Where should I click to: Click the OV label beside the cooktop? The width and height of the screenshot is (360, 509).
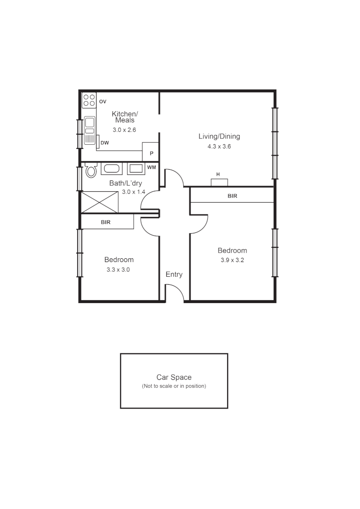coord(103,101)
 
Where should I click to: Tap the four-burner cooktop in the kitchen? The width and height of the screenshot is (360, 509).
coord(89,101)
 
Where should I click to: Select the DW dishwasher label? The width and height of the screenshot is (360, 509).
coord(105,142)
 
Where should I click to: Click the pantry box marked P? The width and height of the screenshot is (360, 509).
coord(151,153)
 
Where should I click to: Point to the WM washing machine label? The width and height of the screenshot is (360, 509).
coord(151,167)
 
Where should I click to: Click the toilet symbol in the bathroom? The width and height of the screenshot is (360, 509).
coord(90,171)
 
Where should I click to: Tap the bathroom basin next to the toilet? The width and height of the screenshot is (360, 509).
coord(112,169)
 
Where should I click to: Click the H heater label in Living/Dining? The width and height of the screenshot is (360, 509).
coord(218,174)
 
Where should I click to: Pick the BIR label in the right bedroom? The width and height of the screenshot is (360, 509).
coord(232,196)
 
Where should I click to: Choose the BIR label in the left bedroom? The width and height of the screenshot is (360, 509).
coord(106,222)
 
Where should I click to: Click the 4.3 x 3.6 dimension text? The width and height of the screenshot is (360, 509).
coord(219,147)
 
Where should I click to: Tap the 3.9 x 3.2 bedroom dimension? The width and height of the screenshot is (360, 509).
coord(232,260)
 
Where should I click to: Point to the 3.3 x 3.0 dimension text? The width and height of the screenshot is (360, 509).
coord(118,270)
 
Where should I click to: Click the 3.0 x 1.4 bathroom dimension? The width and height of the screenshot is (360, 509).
coord(133,192)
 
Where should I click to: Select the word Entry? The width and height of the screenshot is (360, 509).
coord(174,274)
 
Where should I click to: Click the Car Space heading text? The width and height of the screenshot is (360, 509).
coord(174,377)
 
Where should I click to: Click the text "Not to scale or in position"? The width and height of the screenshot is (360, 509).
coord(174,386)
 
